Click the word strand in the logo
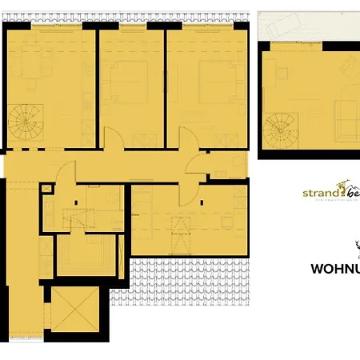(320, 193)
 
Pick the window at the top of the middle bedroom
(131, 25)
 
